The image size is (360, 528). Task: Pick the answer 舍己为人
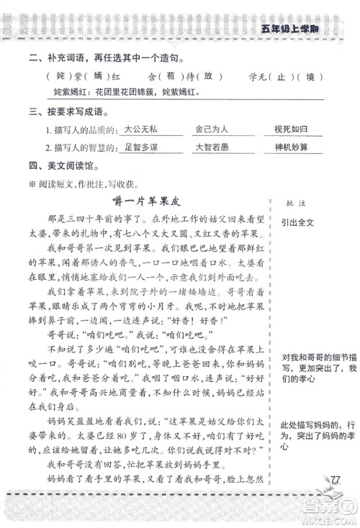211,129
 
